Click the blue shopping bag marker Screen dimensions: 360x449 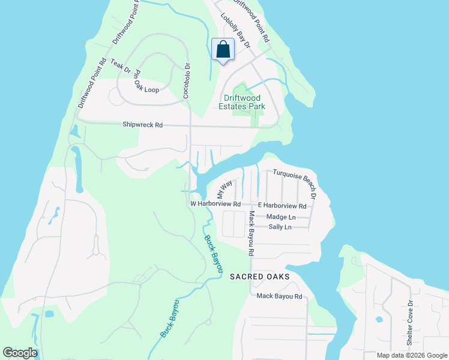click(x=223, y=50)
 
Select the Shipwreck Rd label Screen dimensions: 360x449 click(x=142, y=125)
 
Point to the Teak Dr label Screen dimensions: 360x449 click(x=119, y=65)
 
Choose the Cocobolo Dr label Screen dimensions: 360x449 click(x=186, y=81)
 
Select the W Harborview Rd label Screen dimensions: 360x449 click(x=215, y=204)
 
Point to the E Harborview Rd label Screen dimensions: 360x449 click(x=282, y=206)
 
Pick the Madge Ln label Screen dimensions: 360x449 click(x=281, y=217)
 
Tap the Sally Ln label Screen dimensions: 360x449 click(x=280, y=227)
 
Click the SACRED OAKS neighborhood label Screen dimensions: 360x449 click(x=260, y=277)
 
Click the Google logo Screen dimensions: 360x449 click(x=20, y=353)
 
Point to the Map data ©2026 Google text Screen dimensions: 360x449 click(x=411, y=355)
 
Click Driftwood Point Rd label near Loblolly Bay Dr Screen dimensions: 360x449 click(x=254, y=21)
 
